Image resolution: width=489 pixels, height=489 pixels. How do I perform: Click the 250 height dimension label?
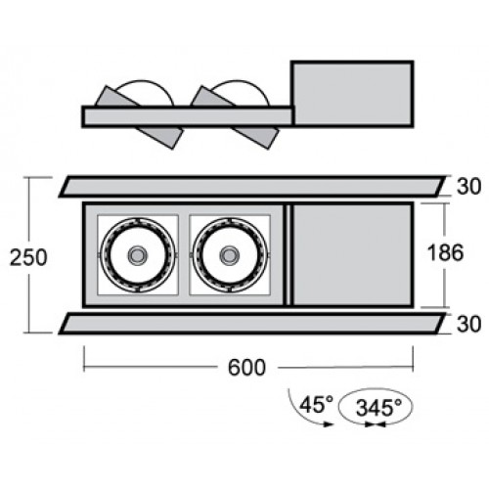click(28, 257)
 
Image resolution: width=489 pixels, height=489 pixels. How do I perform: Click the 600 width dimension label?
click(246, 368)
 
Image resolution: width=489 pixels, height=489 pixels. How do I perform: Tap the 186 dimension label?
click(445, 252)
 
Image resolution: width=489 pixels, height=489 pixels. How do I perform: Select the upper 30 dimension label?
click(468, 187)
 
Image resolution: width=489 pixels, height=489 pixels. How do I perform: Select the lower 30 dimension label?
click(468, 324)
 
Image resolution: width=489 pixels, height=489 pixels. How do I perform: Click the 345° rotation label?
click(378, 408)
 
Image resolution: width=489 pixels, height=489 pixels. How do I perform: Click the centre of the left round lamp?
click(138, 254)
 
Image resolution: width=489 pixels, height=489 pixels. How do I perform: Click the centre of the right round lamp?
click(230, 254)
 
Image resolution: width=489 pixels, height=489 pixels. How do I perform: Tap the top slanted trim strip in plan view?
click(252, 187)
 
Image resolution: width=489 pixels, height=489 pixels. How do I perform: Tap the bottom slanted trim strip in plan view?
click(252, 324)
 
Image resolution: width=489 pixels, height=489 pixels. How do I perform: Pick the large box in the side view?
click(352, 93)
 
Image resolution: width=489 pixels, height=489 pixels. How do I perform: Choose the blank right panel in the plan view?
click(353, 254)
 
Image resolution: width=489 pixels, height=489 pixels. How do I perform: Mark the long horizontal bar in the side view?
click(188, 116)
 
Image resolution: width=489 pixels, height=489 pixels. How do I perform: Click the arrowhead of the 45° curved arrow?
click(329, 424)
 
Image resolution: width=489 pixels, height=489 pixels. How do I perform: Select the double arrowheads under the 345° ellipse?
click(376, 424)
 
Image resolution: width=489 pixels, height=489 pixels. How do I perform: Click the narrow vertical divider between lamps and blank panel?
click(288, 254)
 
